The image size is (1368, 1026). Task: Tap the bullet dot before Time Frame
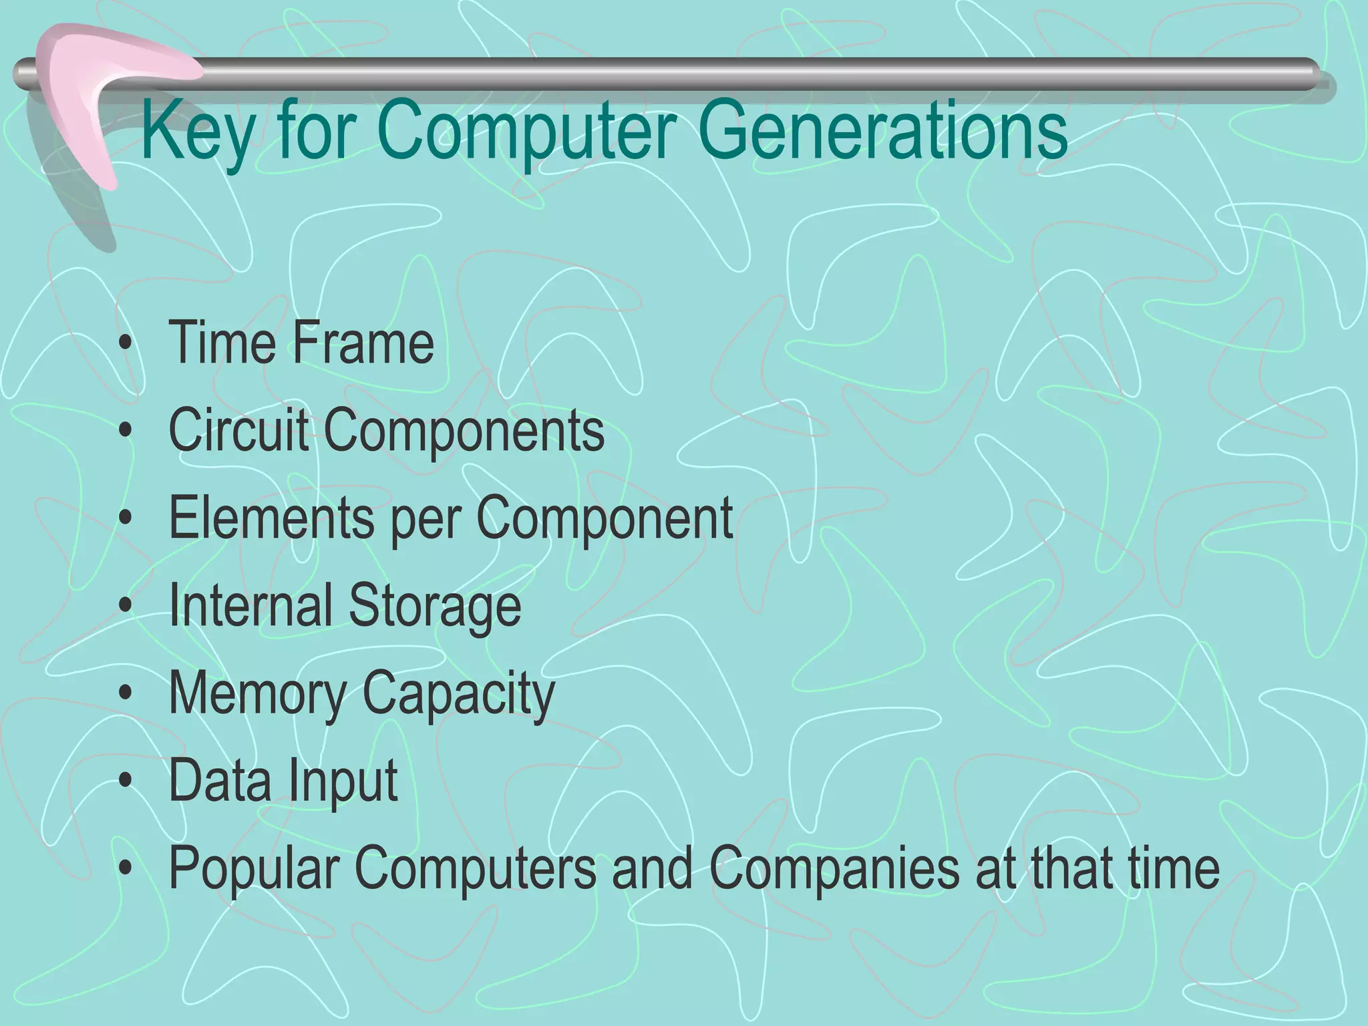pyautogui.click(x=125, y=345)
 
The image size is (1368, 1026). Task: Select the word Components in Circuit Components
pyautogui.click(x=464, y=431)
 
